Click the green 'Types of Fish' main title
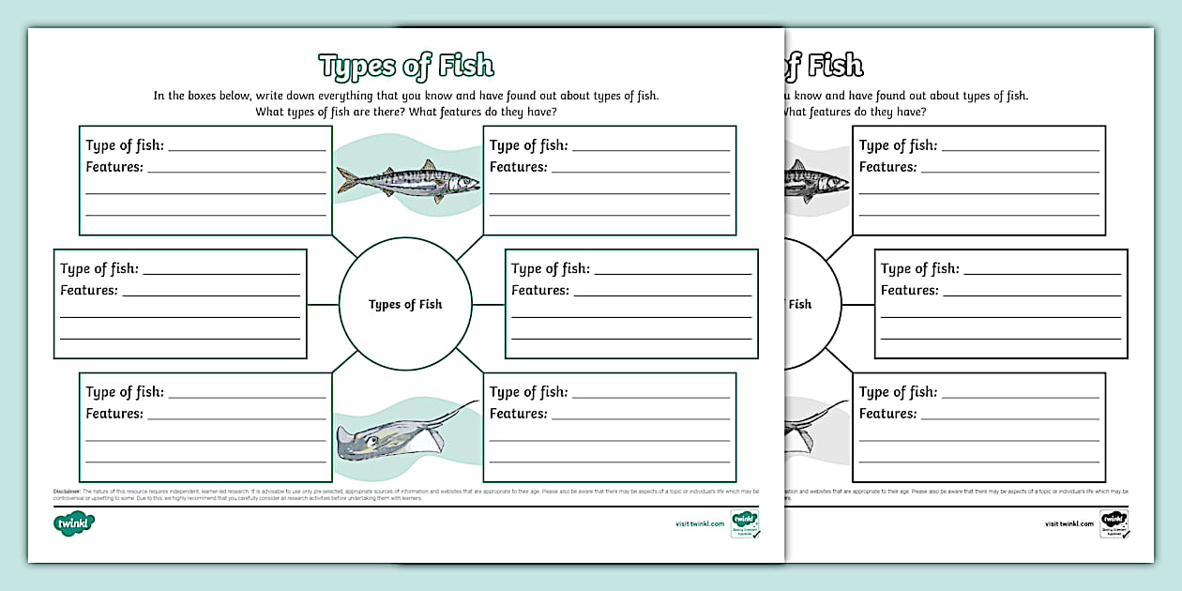pos(405,66)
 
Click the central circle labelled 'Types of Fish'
pos(405,304)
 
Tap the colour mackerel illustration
pos(407,179)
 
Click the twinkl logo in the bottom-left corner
pos(73,523)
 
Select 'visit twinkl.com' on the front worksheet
pos(699,523)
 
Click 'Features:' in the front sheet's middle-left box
pos(89,291)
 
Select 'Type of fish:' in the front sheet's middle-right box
pos(551,269)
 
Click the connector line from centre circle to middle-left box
pos(323,304)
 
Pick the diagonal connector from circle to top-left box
pos(345,246)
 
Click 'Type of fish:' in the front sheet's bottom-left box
pos(125,392)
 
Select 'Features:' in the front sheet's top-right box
pos(518,167)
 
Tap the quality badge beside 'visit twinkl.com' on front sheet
pos(745,523)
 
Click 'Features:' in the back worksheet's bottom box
pos(887,414)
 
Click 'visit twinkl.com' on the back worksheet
pos(1068,523)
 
